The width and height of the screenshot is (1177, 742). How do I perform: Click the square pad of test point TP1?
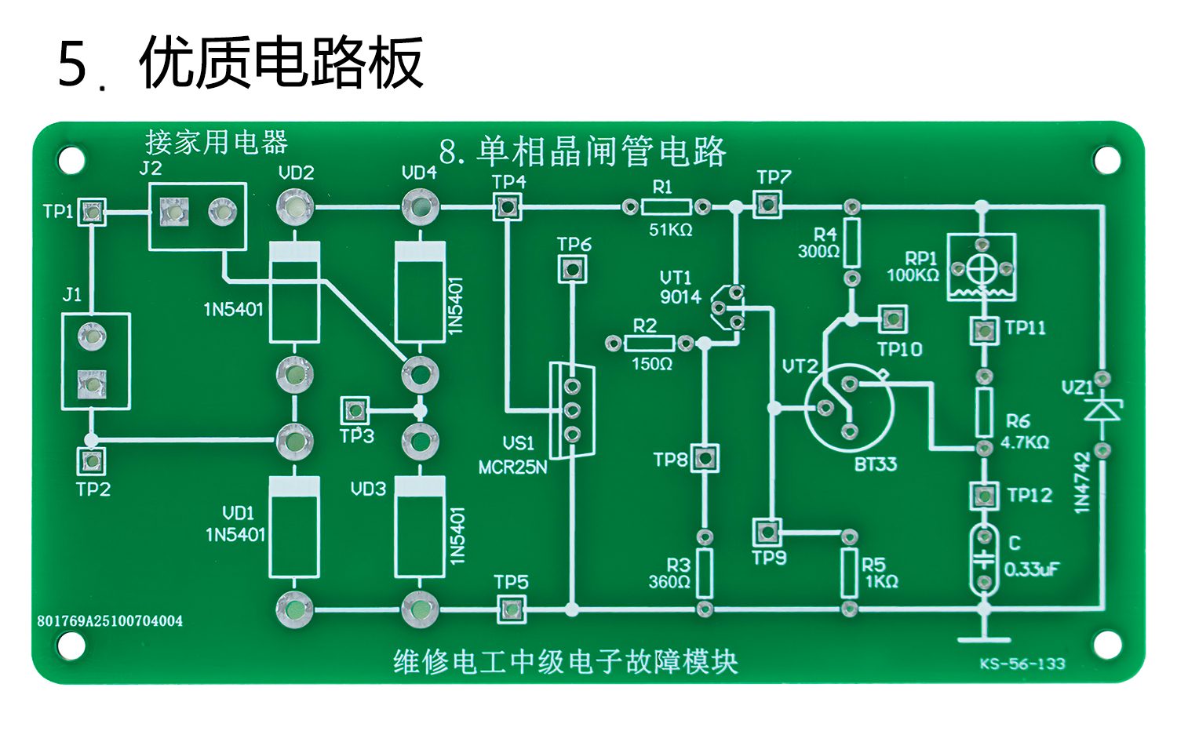click(93, 211)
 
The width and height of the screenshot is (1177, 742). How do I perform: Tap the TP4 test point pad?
click(508, 207)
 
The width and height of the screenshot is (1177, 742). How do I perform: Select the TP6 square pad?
click(572, 269)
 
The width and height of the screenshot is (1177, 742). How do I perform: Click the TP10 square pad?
click(892, 319)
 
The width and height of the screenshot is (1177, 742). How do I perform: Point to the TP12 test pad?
click(984, 496)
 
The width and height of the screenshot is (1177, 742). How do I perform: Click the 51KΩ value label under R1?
click(670, 230)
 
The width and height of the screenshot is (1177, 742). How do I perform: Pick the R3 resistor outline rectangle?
click(705, 573)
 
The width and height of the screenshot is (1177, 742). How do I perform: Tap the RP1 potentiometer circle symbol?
click(981, 268)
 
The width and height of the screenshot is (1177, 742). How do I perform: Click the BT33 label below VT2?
click(875, 464)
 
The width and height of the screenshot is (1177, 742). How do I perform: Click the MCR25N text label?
click(512, 467)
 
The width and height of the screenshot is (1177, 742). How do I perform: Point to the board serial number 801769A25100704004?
click(110, 621)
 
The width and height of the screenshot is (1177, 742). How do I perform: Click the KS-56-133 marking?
click(1022, 664)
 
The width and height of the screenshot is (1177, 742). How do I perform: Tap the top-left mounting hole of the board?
click(71, 161)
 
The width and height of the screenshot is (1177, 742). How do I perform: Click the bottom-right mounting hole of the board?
click(1106, 645)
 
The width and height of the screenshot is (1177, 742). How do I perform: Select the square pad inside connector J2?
click(173, 211)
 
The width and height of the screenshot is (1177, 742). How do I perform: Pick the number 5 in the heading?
click(72, 64)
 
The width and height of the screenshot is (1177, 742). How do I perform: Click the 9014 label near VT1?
click(680, 297)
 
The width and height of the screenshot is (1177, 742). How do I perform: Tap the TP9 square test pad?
click(767, 533)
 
